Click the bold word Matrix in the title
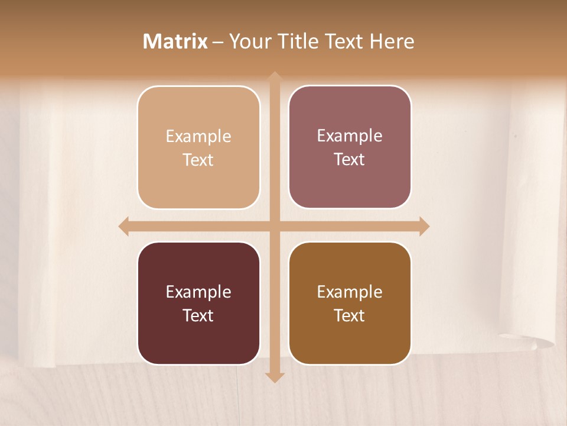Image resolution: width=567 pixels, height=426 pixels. point(175,41)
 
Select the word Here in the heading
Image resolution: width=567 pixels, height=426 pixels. point(392,41)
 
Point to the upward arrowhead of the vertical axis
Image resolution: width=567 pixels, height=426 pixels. point(274,78)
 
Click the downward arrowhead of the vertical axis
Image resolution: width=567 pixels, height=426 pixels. point(274,377)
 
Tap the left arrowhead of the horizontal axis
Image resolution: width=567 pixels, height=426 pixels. point(124,226)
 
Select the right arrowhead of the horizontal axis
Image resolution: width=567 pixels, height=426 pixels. point(423,226)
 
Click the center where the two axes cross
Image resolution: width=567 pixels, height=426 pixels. point(274,226)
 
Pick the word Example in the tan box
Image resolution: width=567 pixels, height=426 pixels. point(198,137)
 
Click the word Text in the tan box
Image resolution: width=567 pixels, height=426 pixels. point(198,160)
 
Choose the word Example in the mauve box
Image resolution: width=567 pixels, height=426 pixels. point(350,136)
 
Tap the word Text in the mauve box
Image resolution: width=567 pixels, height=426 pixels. point(350,160)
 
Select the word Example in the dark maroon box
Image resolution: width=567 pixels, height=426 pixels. point(198,292)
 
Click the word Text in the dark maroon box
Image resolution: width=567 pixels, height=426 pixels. point(198,316)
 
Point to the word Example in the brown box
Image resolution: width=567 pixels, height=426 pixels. point(350,292)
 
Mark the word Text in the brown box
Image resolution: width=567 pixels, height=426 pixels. point(350,316)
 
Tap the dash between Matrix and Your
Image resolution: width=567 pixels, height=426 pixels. point(218,42)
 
